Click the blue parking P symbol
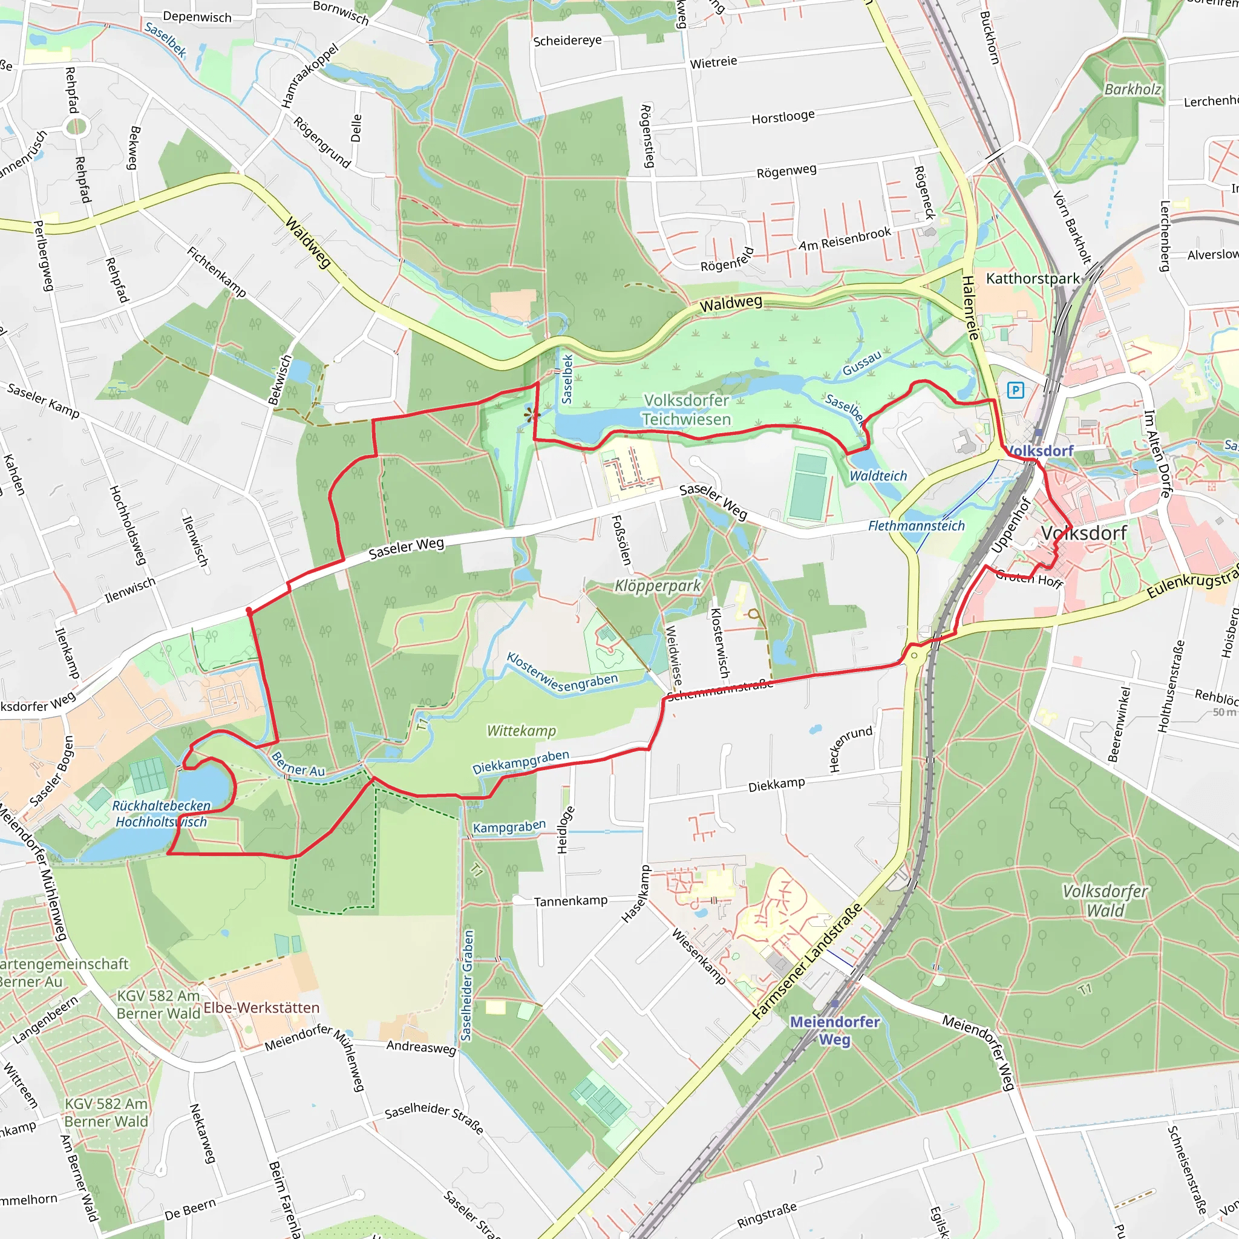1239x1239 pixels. [x=1015, y=390]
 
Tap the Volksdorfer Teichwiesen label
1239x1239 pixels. [x=687, y=410]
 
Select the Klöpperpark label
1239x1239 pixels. [x=658, y=586]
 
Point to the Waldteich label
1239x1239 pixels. [x=878, y=476]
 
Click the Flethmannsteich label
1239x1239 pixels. [x=916, y=526]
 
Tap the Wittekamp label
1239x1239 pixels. [x=521, y=730]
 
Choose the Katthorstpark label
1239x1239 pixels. [x=1033, y=278]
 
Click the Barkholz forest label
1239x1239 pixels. [x=1133, y=89]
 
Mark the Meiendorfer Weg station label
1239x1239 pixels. [x=834, y=1030]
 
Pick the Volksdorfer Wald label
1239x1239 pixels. [x=1105, y=900]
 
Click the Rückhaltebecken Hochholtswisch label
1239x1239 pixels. [x=161, y=814]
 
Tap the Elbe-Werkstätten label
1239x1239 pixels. [x=261, y=1007]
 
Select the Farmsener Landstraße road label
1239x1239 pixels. [x=808, y=961]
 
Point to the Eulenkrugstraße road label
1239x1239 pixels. [x=1192, y=581]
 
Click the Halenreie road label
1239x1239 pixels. [x=971, y=308]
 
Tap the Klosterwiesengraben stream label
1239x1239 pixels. [x=562, y=673]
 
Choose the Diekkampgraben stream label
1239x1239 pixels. [x=520, y=762]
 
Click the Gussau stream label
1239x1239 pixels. [x=862, y=364]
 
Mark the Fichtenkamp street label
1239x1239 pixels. [x=217, y=272]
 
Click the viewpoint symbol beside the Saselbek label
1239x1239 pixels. [x=531, y=415]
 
